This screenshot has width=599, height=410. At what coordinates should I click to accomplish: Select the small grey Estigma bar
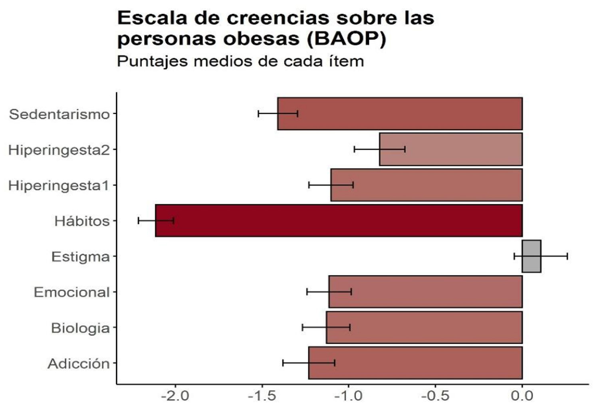pos(532,256)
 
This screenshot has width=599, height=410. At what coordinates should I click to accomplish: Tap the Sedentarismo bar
pos(400,114)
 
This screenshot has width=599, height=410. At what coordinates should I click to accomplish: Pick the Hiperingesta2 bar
pos(451,149)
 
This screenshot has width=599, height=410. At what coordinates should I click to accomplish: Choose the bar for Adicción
pos(415,363)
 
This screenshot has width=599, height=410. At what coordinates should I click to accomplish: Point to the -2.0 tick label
pos(175,396)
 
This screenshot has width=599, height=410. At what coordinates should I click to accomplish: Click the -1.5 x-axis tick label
pos(262,396)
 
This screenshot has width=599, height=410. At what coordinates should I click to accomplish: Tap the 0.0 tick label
pos(522,396)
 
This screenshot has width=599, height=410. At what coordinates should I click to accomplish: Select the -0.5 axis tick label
pos(435,396)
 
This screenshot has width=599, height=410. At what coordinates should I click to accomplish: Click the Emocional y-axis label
pos(71,292)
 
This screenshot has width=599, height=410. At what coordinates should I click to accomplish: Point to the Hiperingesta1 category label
pos(59,185)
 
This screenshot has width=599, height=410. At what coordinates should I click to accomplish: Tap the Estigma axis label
pos(80,257)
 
